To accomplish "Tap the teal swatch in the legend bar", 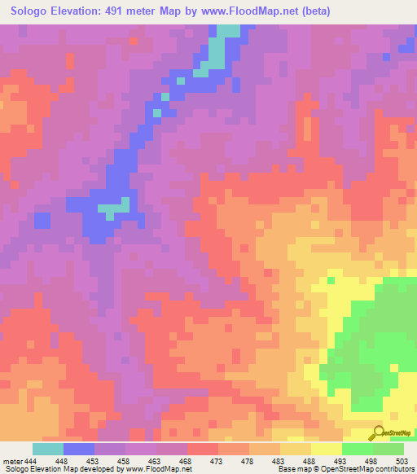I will coord(48,449).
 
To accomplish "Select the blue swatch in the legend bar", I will coord(79,449).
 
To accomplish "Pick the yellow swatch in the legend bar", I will coord(327,449).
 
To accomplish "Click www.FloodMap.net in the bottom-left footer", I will coord(156,469).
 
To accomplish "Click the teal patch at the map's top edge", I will coord(230,30).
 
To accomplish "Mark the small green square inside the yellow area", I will coord(331,280).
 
